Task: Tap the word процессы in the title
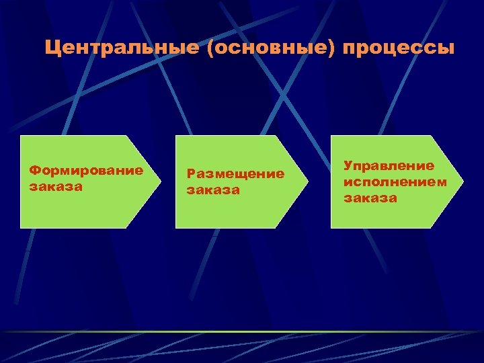click(x=399, y=49)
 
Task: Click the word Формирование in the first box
click(x=85, y=170)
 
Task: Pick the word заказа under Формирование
click(x=55, y=186)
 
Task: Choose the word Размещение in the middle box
click(x=235, y=174)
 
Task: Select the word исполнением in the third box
click(x=395, y=182)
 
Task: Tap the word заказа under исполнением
click(x=370, y=198)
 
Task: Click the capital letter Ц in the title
click(x=52, y=49)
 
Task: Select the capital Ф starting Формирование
click(x=34, y=170)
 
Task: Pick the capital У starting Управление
click(x=348, y=165)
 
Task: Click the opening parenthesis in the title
click(x=212, y=50)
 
